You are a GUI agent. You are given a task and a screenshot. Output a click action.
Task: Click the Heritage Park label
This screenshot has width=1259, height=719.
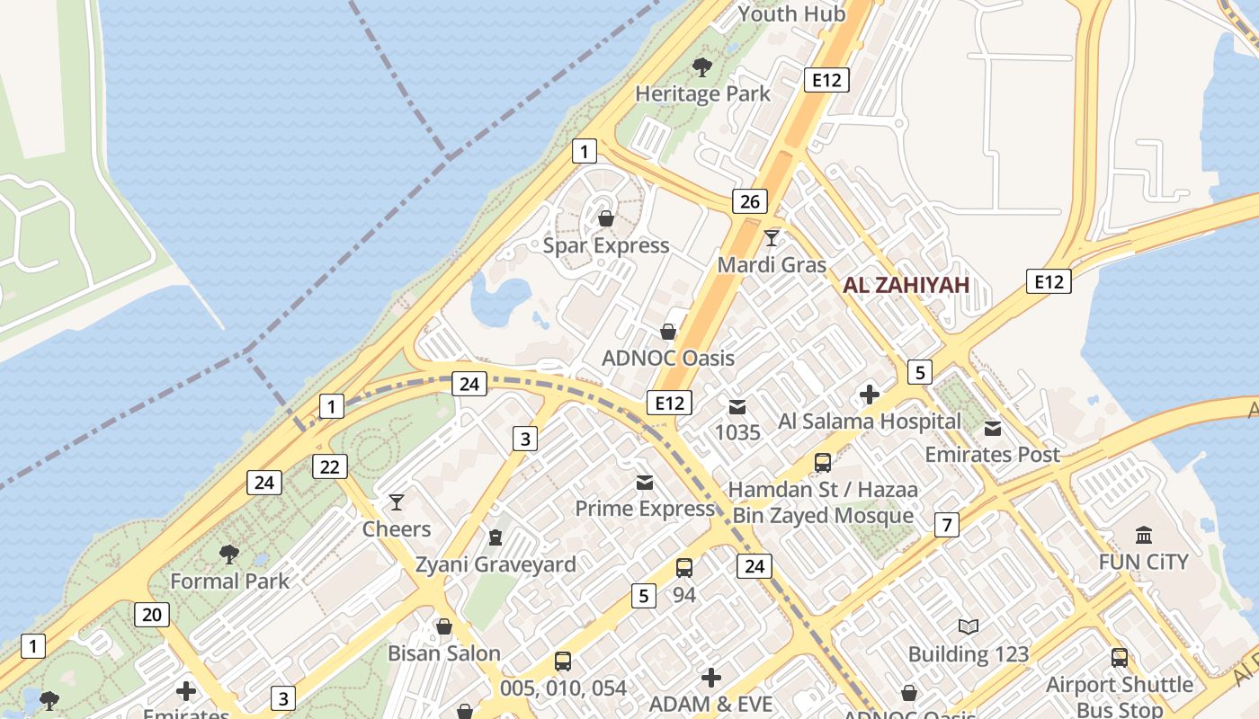tap(702, 93)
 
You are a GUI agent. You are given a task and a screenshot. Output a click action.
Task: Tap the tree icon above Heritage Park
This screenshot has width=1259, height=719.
tap(702, 67)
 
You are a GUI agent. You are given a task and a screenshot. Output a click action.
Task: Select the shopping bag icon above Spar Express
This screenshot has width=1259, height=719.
tap(606, 218)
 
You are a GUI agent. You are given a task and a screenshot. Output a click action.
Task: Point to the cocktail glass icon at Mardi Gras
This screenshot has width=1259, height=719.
tap(772, 238)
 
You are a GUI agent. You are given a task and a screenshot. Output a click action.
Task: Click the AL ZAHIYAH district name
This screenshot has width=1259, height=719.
tap(906, 286)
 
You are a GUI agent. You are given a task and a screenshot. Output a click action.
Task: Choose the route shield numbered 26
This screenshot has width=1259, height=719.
tap(749, 201)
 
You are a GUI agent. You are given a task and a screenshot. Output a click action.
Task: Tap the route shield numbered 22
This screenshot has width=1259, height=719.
tap(330, 466)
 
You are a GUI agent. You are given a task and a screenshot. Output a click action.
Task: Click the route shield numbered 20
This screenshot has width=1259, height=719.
tap(152, 615)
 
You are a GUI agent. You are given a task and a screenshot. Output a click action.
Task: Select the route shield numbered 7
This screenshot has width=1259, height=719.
tap(946, 525)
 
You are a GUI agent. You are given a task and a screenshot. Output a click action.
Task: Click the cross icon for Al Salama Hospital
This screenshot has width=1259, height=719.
tap(870, 395)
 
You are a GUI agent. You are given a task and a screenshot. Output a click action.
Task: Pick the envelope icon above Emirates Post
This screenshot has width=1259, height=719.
tap(993, 429)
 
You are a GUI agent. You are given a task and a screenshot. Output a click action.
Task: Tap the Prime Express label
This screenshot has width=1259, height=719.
tap(645, 509)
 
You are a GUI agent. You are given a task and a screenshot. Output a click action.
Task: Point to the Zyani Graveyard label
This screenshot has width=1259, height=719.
tap(496, 564)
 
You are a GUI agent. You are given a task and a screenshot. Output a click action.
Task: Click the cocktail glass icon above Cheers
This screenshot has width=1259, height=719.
tap(397, 502)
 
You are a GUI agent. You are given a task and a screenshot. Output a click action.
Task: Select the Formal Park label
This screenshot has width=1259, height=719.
tap(230, 581)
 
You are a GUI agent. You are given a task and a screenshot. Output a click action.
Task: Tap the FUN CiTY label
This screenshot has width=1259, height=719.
tap(1144, 562)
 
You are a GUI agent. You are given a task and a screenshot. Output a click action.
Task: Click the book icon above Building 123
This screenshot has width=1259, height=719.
tap(968, 627)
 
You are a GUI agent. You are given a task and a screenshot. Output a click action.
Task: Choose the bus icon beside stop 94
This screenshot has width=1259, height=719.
tap(684, 568)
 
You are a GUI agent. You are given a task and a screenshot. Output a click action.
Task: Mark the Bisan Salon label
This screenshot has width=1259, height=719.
tap(444, 653)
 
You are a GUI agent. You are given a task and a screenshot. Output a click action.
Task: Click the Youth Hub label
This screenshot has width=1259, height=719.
tap(791, 13)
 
